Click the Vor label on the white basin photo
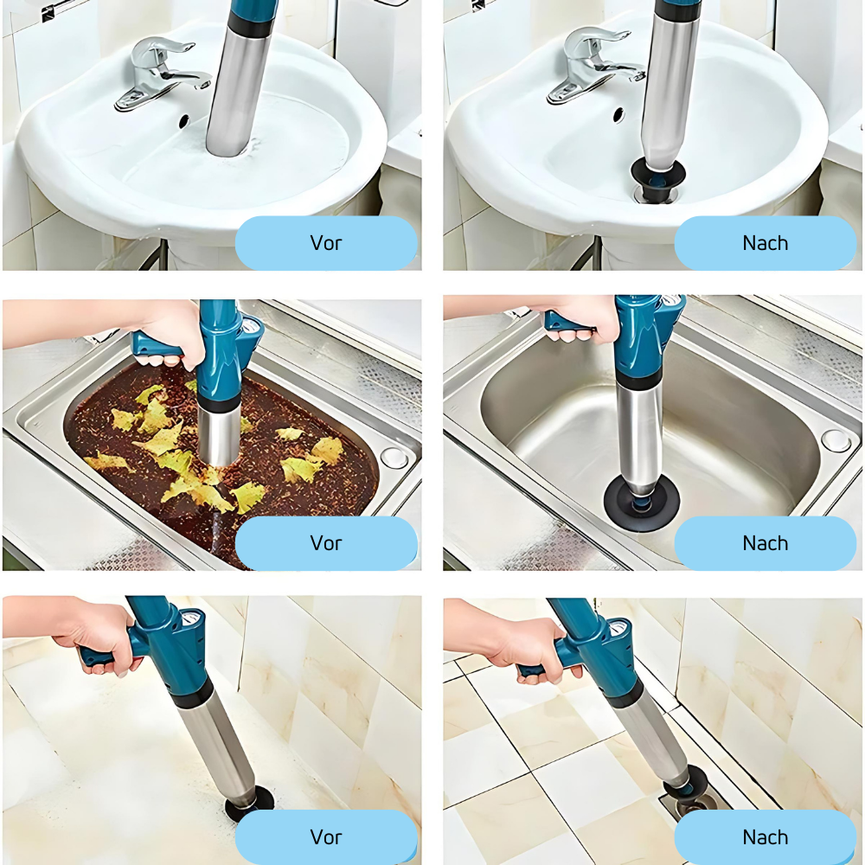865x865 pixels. [326, 243]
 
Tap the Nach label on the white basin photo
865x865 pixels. [765, 243]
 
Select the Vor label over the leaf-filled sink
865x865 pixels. [326, 543]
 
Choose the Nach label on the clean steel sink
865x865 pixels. [765, 543]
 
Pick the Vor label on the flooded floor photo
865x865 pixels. [326, 836]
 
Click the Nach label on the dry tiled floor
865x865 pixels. [765, 836]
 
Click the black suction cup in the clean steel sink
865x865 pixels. [641, 504]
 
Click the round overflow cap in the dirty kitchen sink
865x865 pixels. [394, 458]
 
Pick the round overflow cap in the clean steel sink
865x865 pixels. [835, 439]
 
